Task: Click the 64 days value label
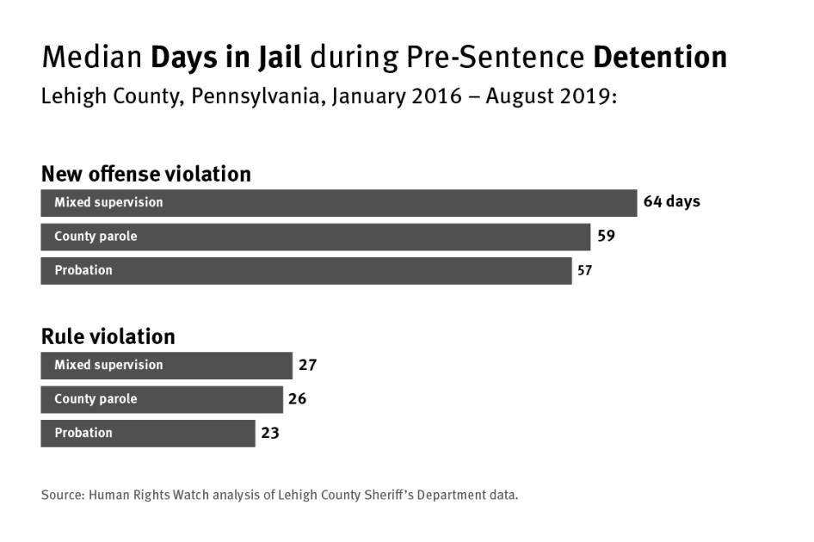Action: pos(671,202)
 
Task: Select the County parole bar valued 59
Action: pos(316,237)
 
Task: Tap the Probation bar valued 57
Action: pos(306,270)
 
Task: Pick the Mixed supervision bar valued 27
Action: pos(166,365)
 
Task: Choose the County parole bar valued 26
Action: pos(162,399)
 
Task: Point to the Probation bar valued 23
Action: pos(148,433)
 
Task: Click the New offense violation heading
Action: pos(146,174)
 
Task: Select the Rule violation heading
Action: pos(108,336)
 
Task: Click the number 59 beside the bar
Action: pos(606,236)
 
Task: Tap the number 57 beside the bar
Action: pos(585,270)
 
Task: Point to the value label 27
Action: pos(307,365)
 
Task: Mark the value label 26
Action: pos(298,399)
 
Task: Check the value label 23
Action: pos(270,433)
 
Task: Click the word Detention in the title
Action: pos(660,58)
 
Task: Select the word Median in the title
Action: pos(92,58)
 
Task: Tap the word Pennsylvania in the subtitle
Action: pos(257,95)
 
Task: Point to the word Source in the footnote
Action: pos(61,495)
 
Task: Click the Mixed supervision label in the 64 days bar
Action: pos(108,202)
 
